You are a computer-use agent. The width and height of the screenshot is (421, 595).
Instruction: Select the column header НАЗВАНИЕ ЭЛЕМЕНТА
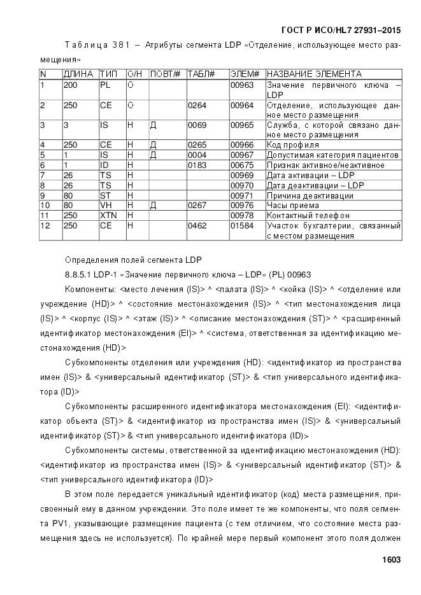(314, 74)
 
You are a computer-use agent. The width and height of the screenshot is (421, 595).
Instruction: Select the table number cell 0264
(197, 104)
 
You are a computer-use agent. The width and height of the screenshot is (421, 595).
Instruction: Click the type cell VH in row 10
(106, 206)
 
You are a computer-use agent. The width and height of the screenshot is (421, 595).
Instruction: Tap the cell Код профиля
(293, 144)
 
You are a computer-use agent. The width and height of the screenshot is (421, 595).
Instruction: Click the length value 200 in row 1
(70, 84)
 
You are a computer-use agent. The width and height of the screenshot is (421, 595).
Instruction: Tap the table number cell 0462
(197, 225)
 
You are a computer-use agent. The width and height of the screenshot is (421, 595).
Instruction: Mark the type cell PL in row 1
(105, 84)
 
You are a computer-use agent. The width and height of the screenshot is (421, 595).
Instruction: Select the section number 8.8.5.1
(80, 275)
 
